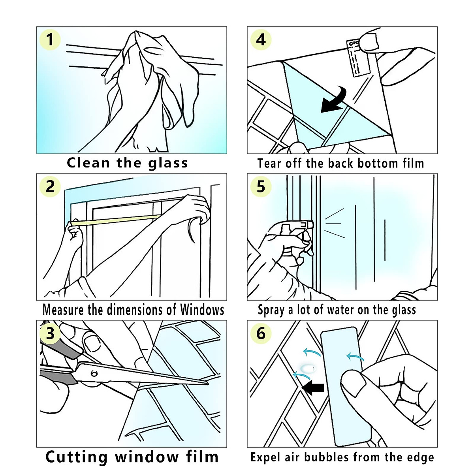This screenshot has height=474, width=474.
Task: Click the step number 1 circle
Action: pos(50,40)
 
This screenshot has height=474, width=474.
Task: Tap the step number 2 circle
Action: pos(50,186)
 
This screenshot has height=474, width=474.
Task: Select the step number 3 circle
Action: pos(50,333)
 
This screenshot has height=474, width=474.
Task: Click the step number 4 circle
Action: pos(261,40)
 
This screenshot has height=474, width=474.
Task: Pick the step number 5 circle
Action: pos(261,186)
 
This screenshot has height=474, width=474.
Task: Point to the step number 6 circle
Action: pos(261,333)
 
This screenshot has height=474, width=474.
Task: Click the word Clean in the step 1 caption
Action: pos(88,163)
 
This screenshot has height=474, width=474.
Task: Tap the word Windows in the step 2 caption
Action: pos(202,310)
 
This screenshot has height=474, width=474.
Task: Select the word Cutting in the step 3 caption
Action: pos(77,457)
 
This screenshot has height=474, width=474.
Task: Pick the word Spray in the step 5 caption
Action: pos(271,310)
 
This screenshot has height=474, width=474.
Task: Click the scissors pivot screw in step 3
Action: pos(94,373)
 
